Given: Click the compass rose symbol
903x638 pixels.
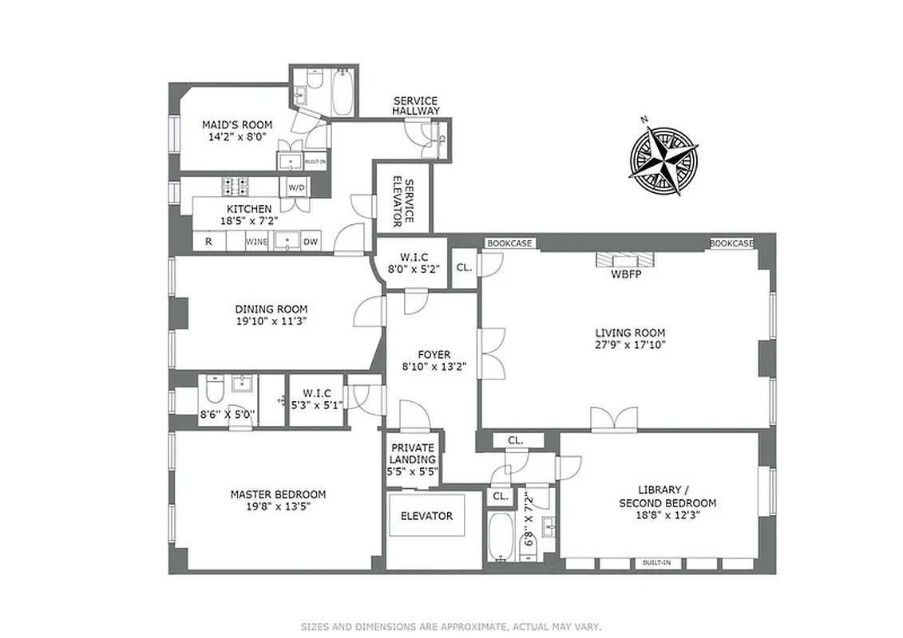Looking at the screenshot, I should click(x=663, y=156).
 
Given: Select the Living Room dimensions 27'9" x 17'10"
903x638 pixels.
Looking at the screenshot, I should click(x=630, y=345).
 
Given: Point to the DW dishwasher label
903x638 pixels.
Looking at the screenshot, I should click(x=311, y=240).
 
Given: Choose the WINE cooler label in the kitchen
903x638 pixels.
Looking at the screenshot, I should click(x=256, y=240).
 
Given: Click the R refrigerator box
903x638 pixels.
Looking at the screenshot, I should click(x=208, y=240).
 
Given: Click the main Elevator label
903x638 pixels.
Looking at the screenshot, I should click(x=426, y=516).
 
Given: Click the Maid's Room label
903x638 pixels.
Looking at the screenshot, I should click(x=236, y=124).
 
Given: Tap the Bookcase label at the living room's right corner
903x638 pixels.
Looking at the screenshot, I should click(x=731, y=243).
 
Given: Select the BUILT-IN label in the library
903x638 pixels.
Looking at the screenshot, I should click(x=656, y=563).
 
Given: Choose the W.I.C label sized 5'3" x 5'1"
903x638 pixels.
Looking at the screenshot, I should click(x=315, y=393).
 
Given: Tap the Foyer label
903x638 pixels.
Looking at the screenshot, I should click(x=434, y=355).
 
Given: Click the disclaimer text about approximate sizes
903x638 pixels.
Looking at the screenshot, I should click(x=451, y=627).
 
